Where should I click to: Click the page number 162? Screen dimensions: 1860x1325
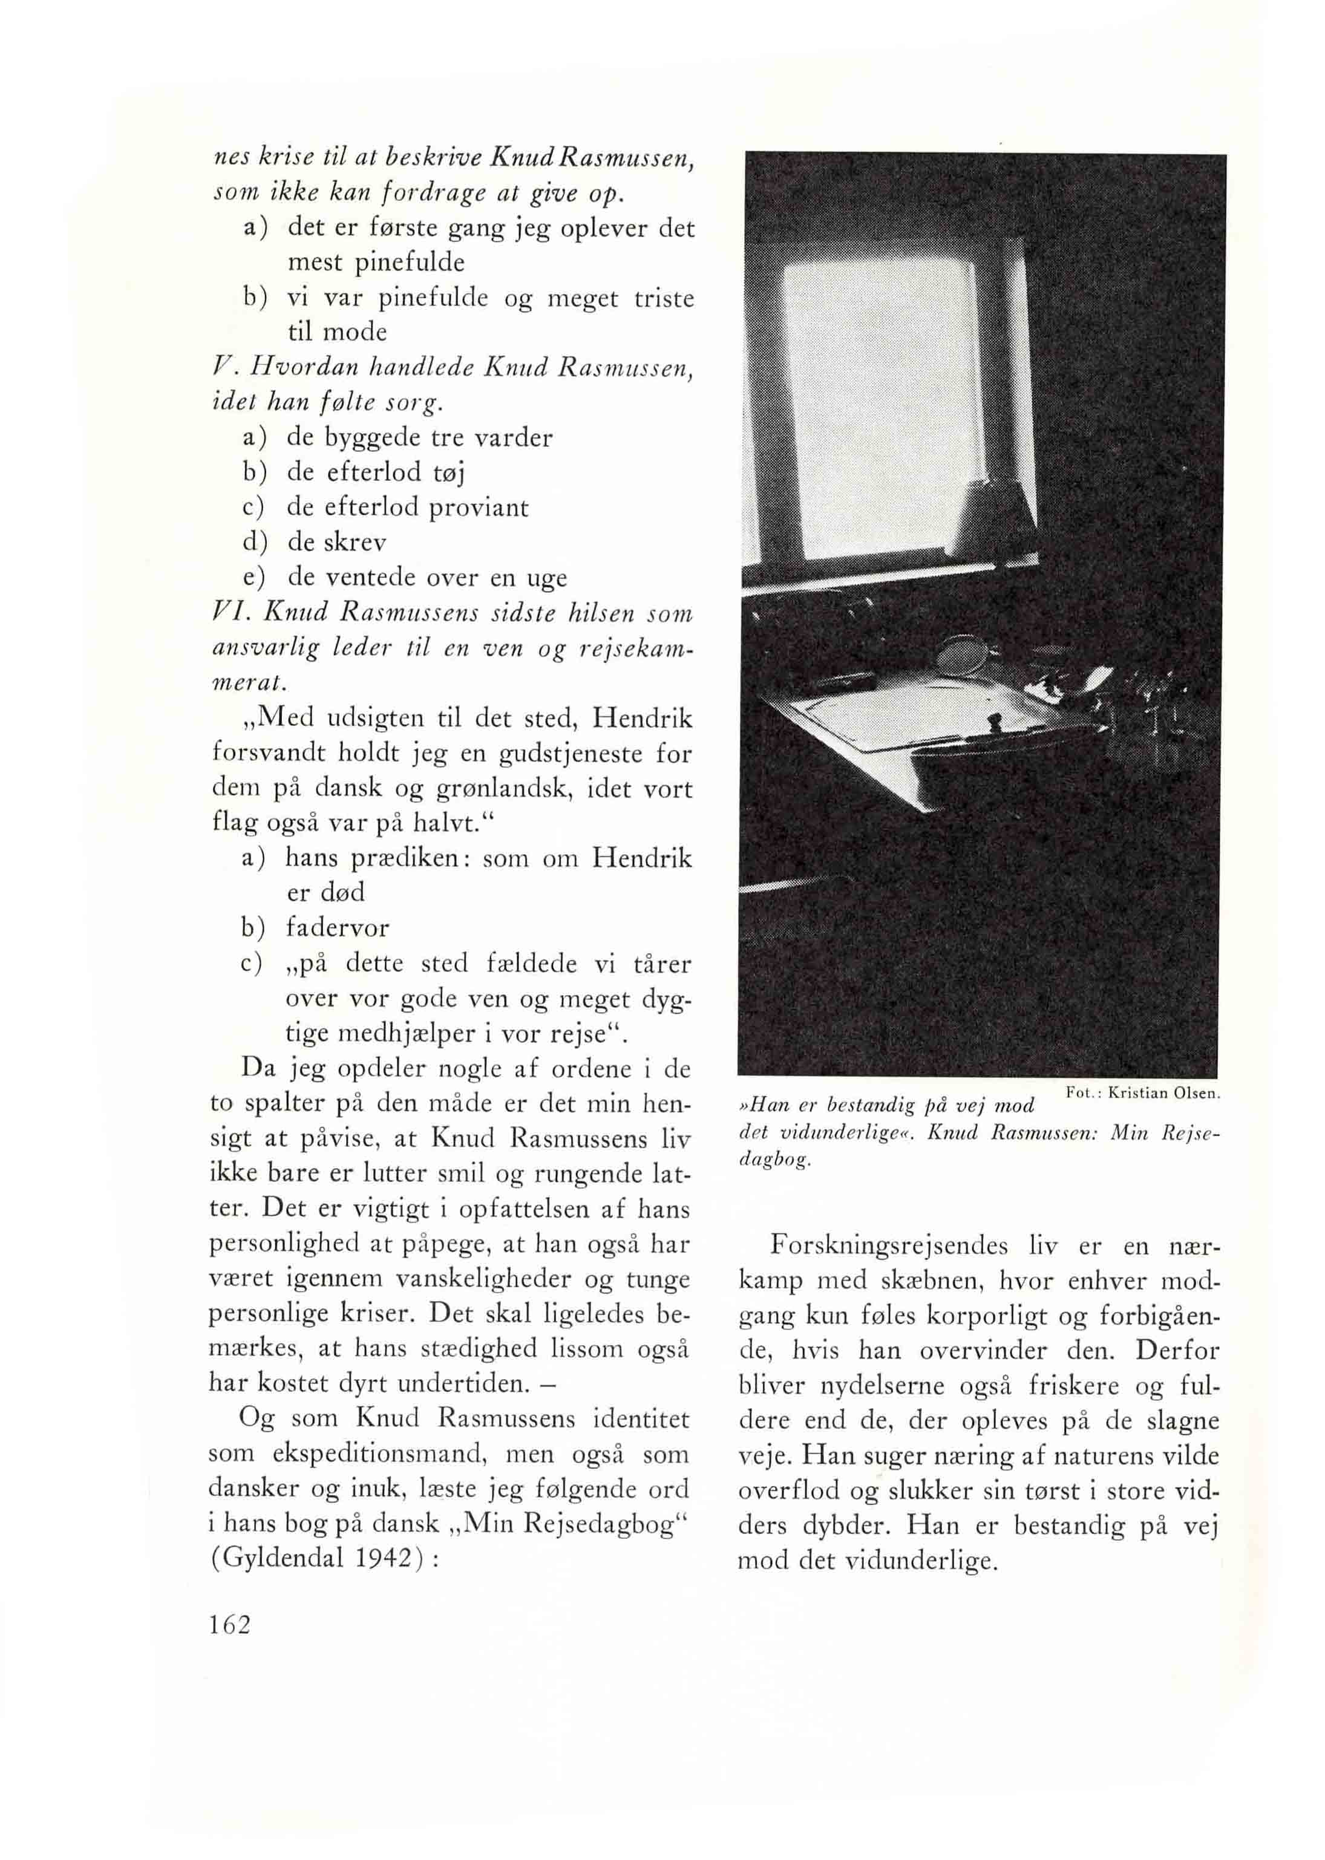(x=229, y=1645)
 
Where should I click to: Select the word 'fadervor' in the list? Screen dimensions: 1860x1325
(x=338, y=927)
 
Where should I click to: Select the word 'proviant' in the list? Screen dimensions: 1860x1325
(x=479, y=507)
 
